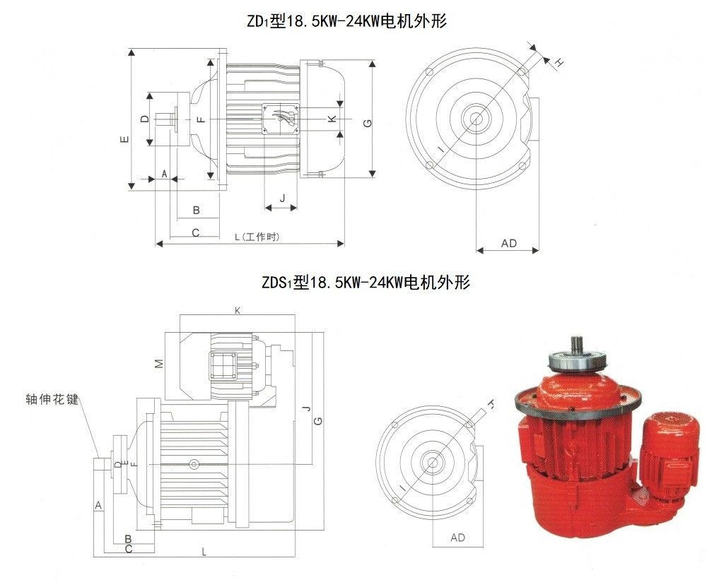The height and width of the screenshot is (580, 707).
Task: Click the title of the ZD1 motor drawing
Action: [x=346, y=21]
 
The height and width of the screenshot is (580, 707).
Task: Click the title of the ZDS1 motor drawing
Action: [x=366, y=282]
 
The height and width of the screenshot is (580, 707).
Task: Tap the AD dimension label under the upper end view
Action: [x=508, y=243]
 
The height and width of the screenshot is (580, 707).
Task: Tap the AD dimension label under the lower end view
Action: [x=457, y=538]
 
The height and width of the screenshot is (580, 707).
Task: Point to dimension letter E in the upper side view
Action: [x=125, y=138]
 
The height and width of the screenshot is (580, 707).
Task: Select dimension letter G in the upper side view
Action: [x=368, y=123]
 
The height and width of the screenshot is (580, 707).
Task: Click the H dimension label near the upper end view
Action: [x=559, y=63]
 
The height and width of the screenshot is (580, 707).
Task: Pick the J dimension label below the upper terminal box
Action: [x=283, y=198]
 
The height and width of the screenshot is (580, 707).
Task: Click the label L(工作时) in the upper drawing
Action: [x=257, y=237]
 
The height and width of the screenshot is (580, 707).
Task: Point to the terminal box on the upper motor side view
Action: [x=281, y=119]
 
